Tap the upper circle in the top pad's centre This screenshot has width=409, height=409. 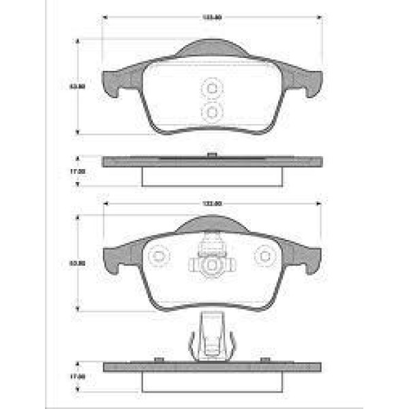212,89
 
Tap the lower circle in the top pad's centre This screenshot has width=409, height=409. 212,110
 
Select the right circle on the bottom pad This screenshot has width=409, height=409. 264,256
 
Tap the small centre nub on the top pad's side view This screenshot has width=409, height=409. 212,156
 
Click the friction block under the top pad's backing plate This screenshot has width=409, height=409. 212,175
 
